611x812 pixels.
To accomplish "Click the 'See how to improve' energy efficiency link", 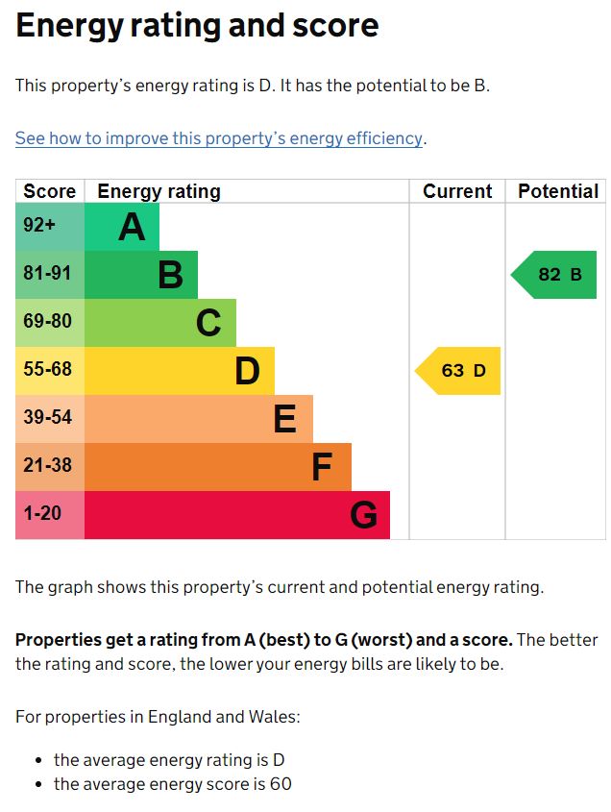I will pos(219,138).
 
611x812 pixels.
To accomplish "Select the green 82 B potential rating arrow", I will pos(556,275).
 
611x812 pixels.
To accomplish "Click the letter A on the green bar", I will pos(132,228).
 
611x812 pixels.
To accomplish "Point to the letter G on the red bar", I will pos(363,516).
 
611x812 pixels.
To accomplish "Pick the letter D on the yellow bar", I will pos(247,372).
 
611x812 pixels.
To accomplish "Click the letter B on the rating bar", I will pos(170,276).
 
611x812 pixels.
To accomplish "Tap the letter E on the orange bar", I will pos(284,420).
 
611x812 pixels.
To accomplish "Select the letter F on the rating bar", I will pos(322,468).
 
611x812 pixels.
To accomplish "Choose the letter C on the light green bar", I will pos(208,324).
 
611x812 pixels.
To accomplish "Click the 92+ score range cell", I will pos(39,227).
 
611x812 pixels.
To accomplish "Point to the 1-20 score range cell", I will pos(42,514).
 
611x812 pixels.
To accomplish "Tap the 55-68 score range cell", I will pos(48,370).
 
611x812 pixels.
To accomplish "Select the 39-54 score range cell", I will pos(48,418).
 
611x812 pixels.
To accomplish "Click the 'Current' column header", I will pos(457,191).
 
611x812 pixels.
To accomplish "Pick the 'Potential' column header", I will pos(558,191).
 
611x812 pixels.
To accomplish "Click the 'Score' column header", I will pos(50,191).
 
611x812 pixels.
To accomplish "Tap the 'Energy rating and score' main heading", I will pos(197,26).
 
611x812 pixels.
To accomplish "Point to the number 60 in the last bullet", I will pos(281,784).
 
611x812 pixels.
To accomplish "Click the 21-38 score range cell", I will pos(48,466).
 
